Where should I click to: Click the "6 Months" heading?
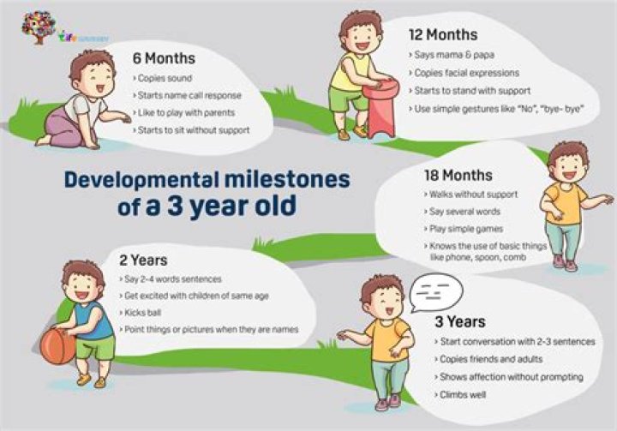pos(164,59)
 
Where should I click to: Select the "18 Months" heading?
pos(458,176)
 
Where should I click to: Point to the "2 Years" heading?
pos(144,259)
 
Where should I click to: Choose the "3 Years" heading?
pos(459,321)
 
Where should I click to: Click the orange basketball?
pos(59,346)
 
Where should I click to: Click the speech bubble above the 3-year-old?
pos(431,294)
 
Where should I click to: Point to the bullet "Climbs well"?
pos(462,394)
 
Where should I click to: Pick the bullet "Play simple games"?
pos(458,229)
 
